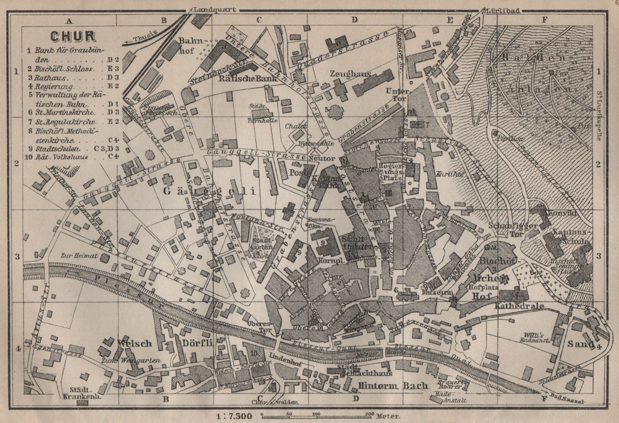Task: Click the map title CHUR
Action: tap(74, 36)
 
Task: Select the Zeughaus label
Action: tap(350, 74)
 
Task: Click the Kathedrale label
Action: tap(519, 306)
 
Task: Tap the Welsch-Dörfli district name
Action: tap(164, 343)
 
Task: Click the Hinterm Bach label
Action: tap(393, 386)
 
